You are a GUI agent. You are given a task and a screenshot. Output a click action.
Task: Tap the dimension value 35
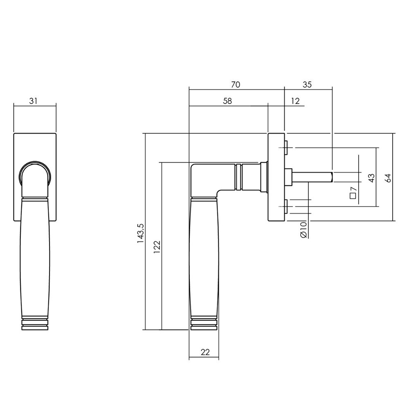click(x=307, y=85)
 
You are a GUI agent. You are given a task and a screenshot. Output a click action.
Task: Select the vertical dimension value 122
click(x=157, y=247)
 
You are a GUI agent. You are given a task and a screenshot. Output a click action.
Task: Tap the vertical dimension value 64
click(x=388, y=178)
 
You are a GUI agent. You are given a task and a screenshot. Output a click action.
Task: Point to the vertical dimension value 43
click(x=371, y=178)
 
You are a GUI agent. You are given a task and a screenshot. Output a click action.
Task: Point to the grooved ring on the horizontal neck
click(x=239, y=177)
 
